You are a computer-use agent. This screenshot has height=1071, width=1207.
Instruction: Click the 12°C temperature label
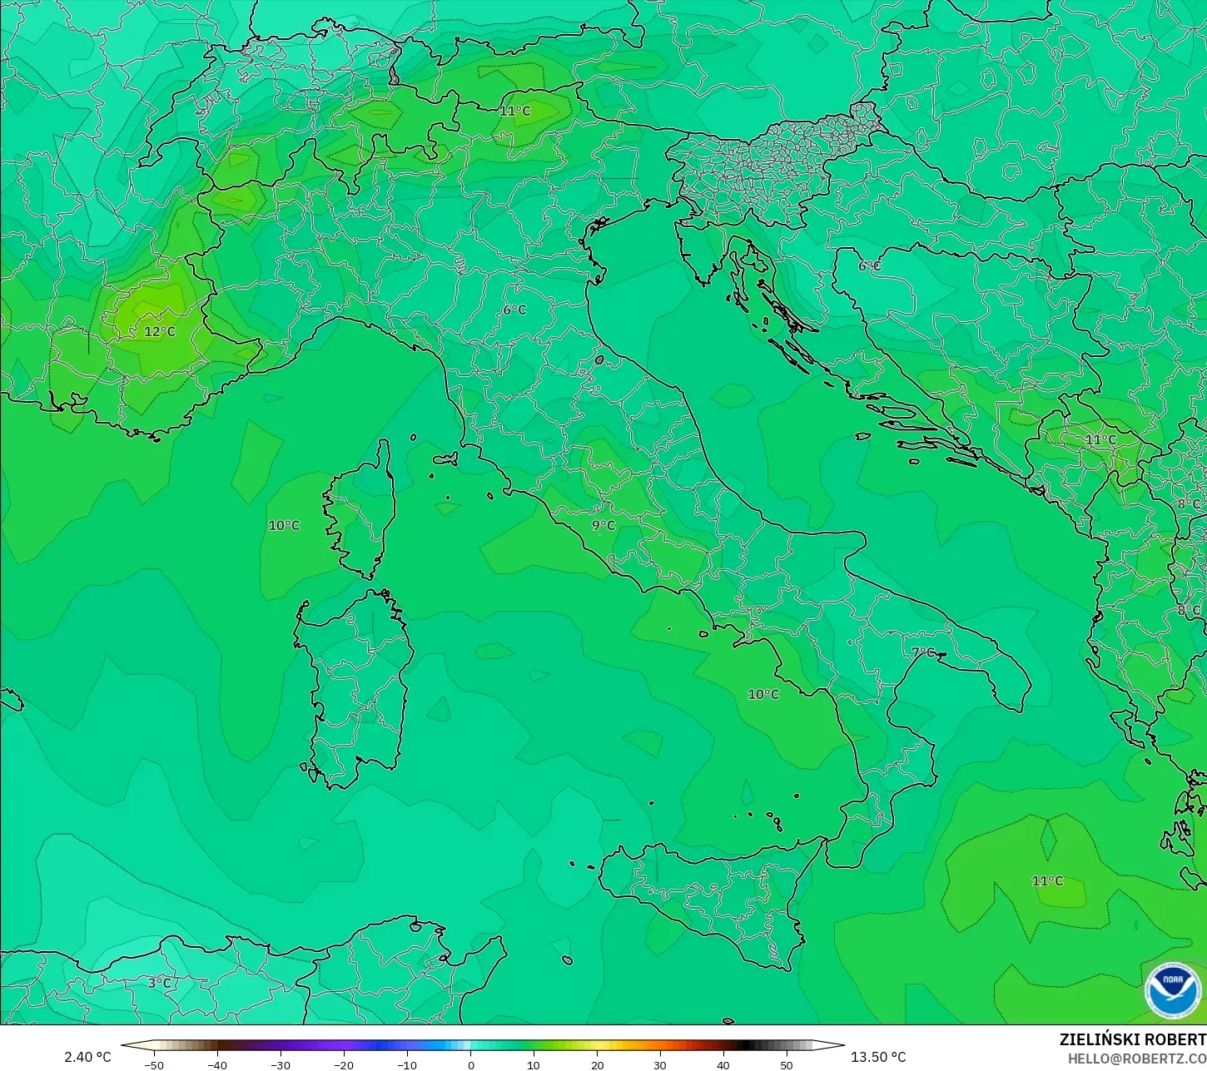(x=160, y=331)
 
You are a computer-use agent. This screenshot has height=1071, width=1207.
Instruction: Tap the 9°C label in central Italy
(x=603, y=525)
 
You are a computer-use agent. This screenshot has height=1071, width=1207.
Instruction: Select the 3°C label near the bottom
(x=159, y=983)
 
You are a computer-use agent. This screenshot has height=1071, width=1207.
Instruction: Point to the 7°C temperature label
(x=923, y=652)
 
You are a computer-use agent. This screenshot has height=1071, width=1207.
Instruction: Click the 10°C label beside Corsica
(x=284, y=525)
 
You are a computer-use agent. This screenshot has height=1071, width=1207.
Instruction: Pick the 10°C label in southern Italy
(x=763, y=694)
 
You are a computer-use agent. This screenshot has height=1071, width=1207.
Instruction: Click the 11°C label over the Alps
(x=514, y=111)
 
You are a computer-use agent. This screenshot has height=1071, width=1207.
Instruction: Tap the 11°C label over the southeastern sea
(x=1047, y=881)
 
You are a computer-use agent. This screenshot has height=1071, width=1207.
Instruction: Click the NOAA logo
(x=1173, y=990)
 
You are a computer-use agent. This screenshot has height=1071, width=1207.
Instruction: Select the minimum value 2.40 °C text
(x=87, y=1057)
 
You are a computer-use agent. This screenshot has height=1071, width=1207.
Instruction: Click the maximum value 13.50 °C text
(x=878, y=1057)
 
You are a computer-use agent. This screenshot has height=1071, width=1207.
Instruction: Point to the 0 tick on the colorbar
(x=470, y=1064)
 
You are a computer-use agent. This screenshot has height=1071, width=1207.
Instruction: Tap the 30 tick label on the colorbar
(x=660, y=1064)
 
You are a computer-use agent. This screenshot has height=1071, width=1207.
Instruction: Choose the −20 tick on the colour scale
(x=343, y=1064)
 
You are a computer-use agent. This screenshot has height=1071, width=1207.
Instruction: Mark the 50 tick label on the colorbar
(x=787, y=1064)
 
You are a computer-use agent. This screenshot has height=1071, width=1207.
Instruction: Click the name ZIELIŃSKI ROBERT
(x=1132, y=1039)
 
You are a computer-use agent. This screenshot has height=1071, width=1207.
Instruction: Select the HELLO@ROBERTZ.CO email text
(x=1137, y=1058)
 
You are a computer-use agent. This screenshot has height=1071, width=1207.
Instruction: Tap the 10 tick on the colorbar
(x=534, y=1064)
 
